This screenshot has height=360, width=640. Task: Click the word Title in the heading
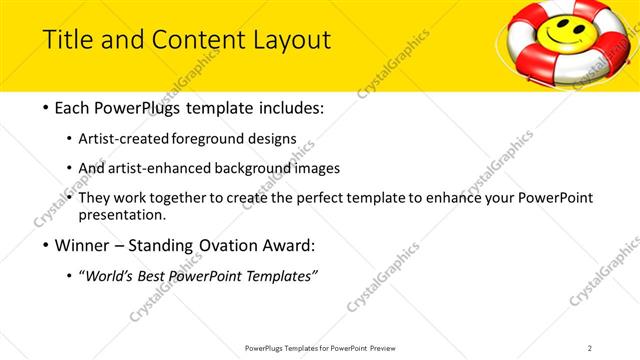click(67, 40)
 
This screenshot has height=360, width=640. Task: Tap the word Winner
click(84, 246)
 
